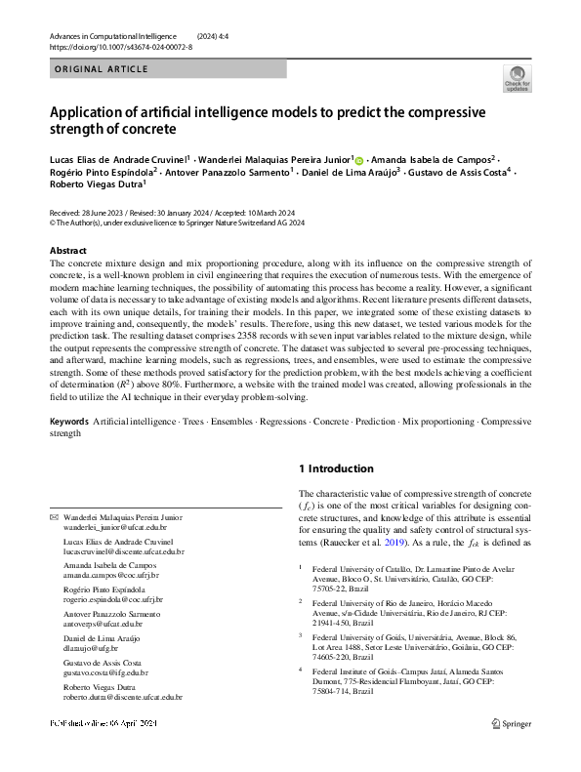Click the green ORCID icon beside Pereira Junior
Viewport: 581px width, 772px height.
click(358, 159)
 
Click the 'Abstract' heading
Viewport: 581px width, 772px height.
click(67, 251)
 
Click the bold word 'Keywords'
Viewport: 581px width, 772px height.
click(69, 421)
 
